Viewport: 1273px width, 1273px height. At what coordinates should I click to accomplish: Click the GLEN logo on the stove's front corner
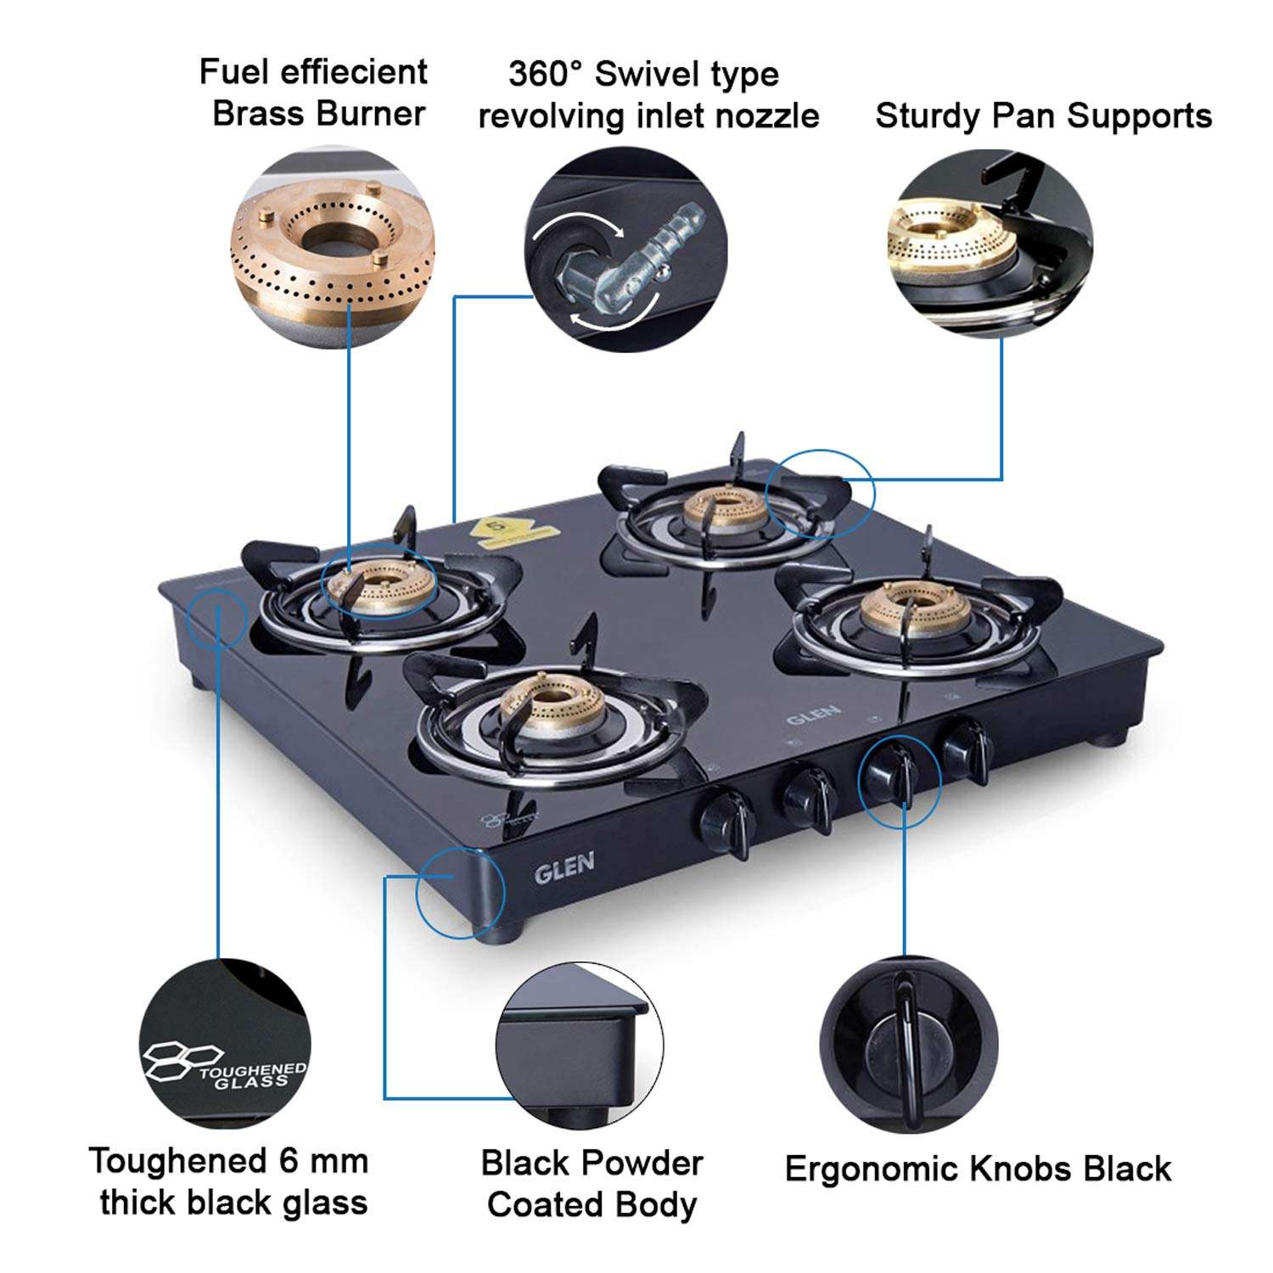pos(564,867)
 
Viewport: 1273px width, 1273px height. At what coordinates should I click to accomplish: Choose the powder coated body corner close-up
pos(579,1046)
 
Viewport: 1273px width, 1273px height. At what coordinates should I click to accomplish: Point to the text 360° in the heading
pos(545,74)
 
